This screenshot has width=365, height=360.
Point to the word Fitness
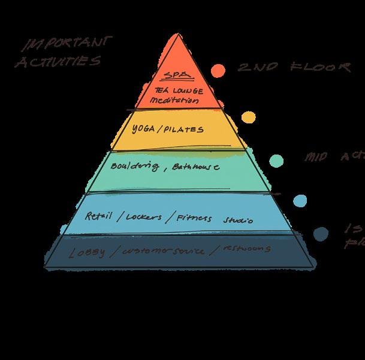[x=194, y=219]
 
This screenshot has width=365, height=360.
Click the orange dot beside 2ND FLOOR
[x=218, y=69]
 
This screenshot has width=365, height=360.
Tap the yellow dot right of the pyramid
[x=247, y=117]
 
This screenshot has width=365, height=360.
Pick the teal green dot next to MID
[x=276, y=160]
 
